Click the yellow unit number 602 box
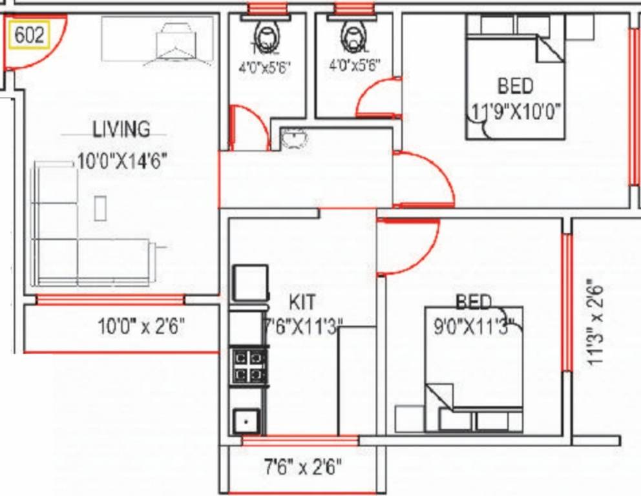[29, 35]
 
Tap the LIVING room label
[121, 129]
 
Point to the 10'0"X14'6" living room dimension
[123, 161]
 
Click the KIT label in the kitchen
[303, 302]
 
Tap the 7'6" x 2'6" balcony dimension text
[302, 466]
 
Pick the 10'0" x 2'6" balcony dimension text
[142, 326]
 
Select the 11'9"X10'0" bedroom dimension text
[515, 112]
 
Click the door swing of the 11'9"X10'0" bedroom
[423, 180]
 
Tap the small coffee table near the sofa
[100, 207]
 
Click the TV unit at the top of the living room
[158, 40]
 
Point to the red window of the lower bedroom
[567, 302]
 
